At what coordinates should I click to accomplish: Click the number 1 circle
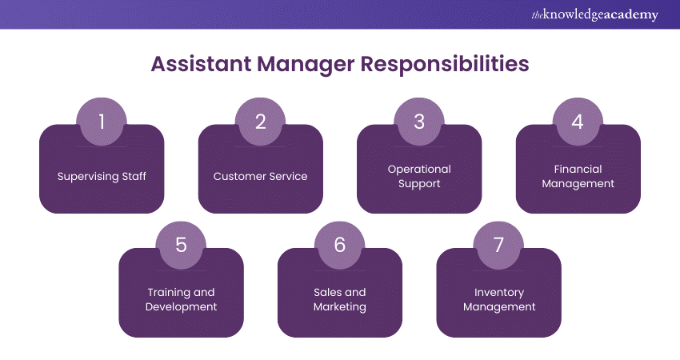click(x=102, y=122)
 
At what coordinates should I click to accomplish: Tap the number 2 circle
click(x=261, y=122)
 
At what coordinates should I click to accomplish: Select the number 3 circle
click(x=419, y=122)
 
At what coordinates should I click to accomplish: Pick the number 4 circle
click(x=578, y=122)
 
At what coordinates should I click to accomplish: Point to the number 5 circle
click(x=181, y=245)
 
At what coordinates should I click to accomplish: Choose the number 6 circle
click(x=340, y=245)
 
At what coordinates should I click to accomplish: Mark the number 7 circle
click(x=498, y=245)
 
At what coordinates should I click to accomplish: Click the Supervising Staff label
click(x=102, y=176)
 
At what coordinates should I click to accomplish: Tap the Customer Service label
click(x=261, y=176)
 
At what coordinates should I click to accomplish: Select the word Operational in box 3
click(x=419, y=169)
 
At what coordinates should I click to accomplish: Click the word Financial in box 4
click(x=578, y=169)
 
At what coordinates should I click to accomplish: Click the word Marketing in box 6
click(x=340, y=306)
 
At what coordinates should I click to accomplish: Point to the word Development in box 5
click(x=181, y=306)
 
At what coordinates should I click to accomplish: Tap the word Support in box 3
click(x=419, y=183)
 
